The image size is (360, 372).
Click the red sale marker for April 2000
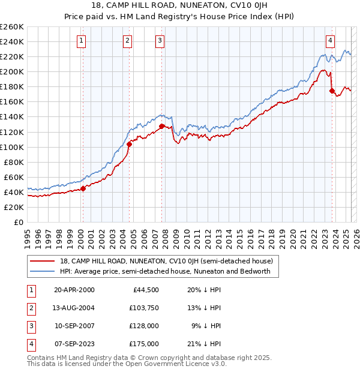tap(83, 188)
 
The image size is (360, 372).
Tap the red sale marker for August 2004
tap(129, 144)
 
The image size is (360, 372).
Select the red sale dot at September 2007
tap(162, 126)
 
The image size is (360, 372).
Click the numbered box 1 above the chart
tap(81, 41)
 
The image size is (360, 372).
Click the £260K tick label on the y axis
tap(12, 27)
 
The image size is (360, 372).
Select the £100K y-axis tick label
tap(12, 147)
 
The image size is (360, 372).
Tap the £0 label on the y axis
tap(18, 222)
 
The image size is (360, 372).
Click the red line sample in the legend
tap(42, 261)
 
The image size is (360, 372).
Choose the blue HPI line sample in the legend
tap(42, 271)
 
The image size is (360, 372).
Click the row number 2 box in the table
tap(29, 308)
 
